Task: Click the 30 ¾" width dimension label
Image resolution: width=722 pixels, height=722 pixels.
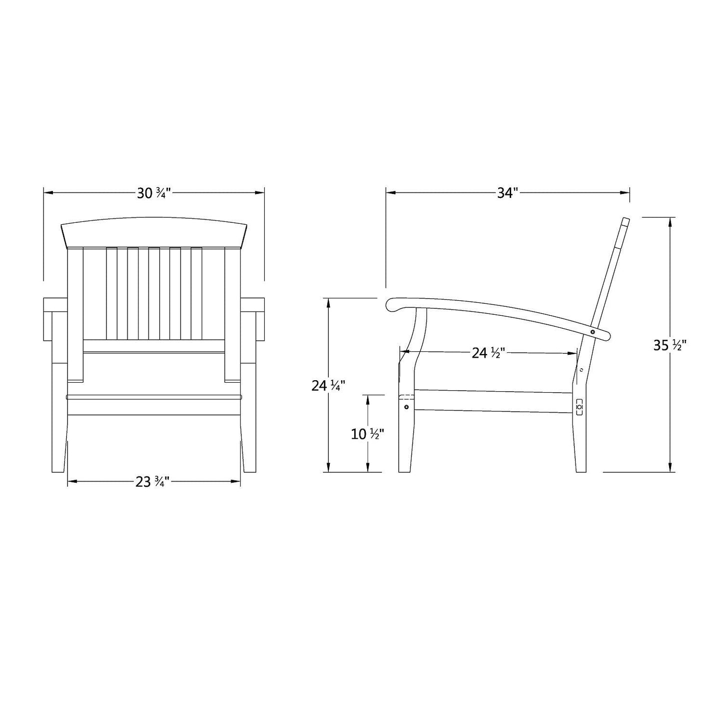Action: [x=154, y=193]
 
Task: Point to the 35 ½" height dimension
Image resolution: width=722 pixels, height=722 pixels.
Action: [x=670, y=345]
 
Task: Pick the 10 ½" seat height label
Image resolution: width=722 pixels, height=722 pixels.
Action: [x=368, y=434]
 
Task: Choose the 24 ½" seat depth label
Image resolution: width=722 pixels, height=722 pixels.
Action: [x=490, y=353]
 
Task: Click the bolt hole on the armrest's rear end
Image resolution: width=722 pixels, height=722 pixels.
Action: [x=593, y=332]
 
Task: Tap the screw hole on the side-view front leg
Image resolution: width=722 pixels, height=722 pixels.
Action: [x=406, y=407]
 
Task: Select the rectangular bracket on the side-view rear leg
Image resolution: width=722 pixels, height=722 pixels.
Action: [x=580, y=407]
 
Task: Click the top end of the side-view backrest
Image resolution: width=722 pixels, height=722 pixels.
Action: [x=625, y=220]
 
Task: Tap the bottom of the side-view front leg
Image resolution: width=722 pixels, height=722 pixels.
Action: [x=404, y=470]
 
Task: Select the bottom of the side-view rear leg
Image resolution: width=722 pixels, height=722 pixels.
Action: [x=581, y=470]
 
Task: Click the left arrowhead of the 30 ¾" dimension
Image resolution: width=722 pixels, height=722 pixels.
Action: [x=46, y=191]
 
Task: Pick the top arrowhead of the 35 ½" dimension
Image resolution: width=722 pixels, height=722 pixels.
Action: [x=670, y=220]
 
